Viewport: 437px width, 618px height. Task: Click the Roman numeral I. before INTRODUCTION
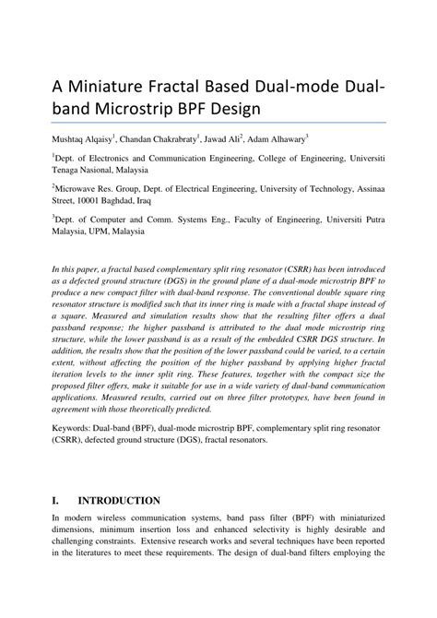pyautogui.click(x=57, y=500)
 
